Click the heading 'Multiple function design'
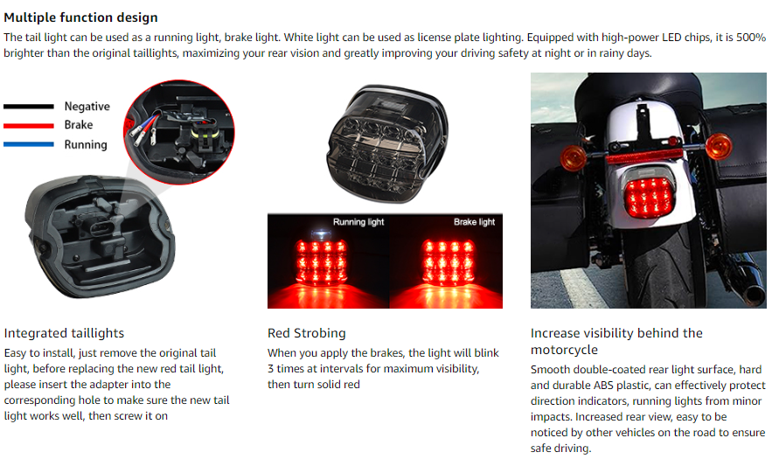pyautogui.click(x=80, y=17)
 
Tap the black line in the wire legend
pyautogui.click(x=29, y=107)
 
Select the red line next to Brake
pyautogui.click(x=29, y=126)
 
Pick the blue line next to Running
pyautogui.click(x=29, y=144)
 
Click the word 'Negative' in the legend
pyautogui.click(x=87, y=107)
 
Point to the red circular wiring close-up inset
pyautogui.click(x=178, y=132)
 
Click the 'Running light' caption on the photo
pyautogui.click(x=358, y=222)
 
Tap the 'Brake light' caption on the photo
pyautogui.click(x=474, y=222)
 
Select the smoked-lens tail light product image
pyautogui.click(x=387, y=143)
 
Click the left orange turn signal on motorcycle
pyautogui.click(x=573, y=157)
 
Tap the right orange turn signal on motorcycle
pyautogui.click(x=719, y=146)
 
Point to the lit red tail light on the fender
pyautogui.click(x=650, y=198)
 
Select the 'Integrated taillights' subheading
pyautogui.click(x=64, y=333)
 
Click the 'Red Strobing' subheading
pyautogui.click(x=307, y=333)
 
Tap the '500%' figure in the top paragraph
pyautogui.click(x=751, y=38)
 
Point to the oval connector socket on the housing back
pyautogui.click(x=102, y=228)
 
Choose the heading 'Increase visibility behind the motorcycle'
pyautogui.click(x=616, y=341)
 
